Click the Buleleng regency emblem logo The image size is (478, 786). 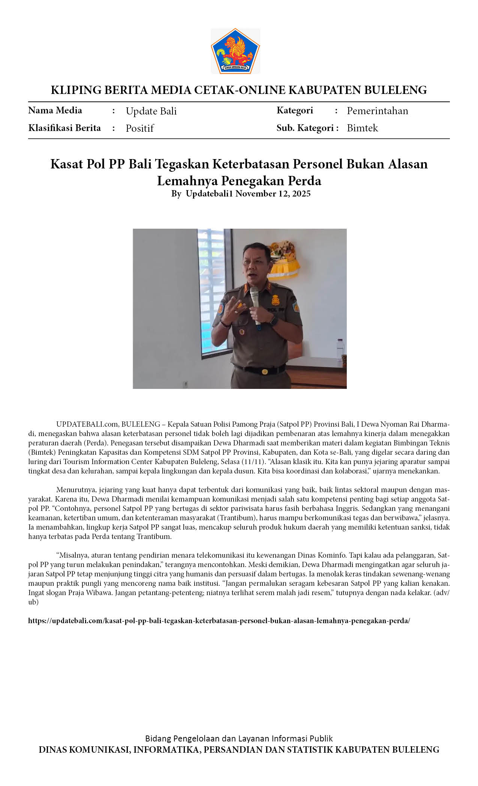click(235, 51)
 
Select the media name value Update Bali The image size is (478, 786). click(151, 111)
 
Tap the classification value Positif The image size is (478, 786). click(140, 128)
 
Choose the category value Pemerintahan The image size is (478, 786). click(377, 111)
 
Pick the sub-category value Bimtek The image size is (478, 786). click(362, 128)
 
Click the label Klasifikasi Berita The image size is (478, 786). click(64, 128)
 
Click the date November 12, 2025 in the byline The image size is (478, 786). click(273, 194)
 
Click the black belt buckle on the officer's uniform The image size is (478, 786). click(265, 372)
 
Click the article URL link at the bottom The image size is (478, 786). click(219, 621)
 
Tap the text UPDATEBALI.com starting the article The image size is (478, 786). click(87, 424)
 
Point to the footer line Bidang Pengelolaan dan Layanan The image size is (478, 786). click(239, 738)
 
